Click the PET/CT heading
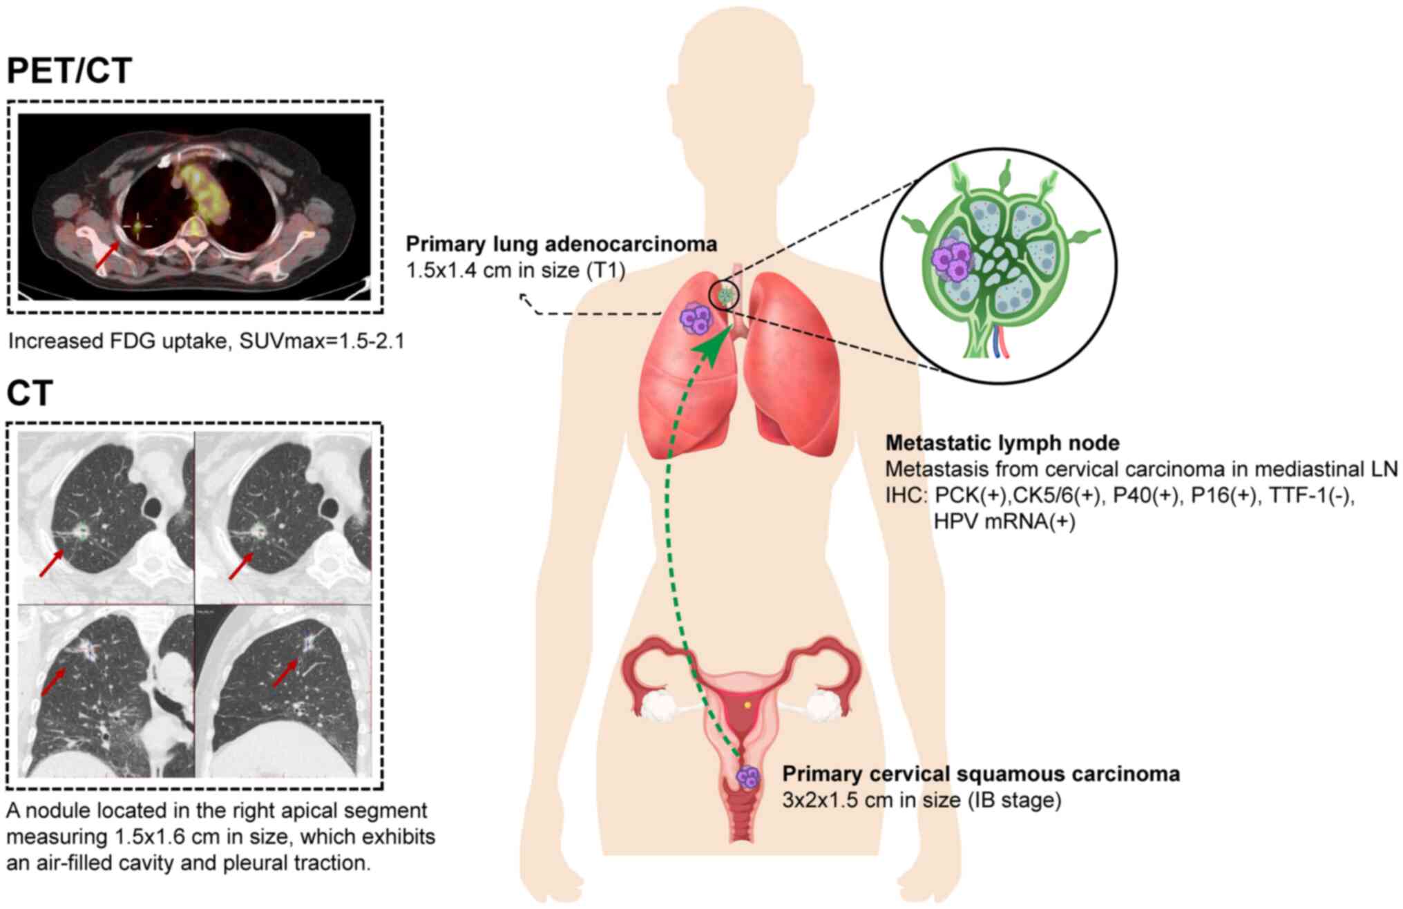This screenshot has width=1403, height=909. [69, 71]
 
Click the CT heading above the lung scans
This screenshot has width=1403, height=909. [30, 394]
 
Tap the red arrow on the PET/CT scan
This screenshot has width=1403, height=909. [106, 258]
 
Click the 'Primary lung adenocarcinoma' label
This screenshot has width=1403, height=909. [561, 244]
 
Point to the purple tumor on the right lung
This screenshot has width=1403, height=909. [695, 318]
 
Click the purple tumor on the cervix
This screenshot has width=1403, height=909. [748, 777]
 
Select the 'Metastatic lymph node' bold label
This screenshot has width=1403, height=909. [1002, 443]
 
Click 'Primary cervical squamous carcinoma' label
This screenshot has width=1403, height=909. [981, 774]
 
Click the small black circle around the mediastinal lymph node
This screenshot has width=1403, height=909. [725, 295]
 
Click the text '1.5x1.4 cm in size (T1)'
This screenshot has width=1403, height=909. [515, 270]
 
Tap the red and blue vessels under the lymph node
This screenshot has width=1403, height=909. [1000, 342]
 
